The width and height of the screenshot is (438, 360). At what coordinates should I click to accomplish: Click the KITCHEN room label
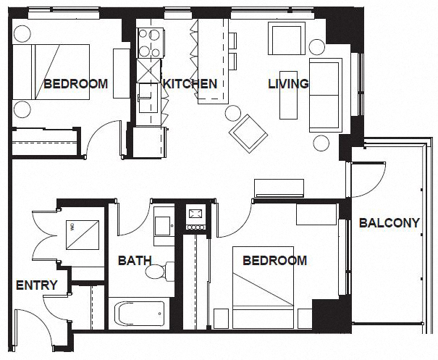click(x=190, y=84)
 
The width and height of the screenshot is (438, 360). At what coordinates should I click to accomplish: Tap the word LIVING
click(x=288, y=84)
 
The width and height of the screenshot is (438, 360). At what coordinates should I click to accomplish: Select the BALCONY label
click(x=389, y=223)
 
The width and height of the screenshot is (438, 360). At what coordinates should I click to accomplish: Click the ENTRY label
click(x=36, y=285)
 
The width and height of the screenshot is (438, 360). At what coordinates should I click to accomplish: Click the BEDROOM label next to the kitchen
click(x=75, y=84)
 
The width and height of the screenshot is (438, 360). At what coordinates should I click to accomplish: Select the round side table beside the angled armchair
click(x=233, y=113)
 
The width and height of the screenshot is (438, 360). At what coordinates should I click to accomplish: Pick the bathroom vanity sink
click(x=163, y=222)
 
